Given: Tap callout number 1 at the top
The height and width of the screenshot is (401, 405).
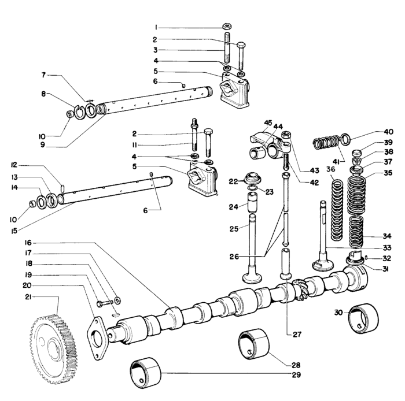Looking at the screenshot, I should click(156, 27).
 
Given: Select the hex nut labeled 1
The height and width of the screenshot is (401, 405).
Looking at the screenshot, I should click(227, 27).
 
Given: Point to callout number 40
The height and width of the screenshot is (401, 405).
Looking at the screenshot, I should click(388, 131).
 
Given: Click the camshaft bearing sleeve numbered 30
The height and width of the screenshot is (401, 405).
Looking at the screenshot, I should click(362, 318).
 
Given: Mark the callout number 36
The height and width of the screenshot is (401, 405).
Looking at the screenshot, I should click(331, 169).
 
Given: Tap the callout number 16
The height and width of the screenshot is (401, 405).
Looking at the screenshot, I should click(27, 242).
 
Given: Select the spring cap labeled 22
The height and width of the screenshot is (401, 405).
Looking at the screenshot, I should click(252, 178).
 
